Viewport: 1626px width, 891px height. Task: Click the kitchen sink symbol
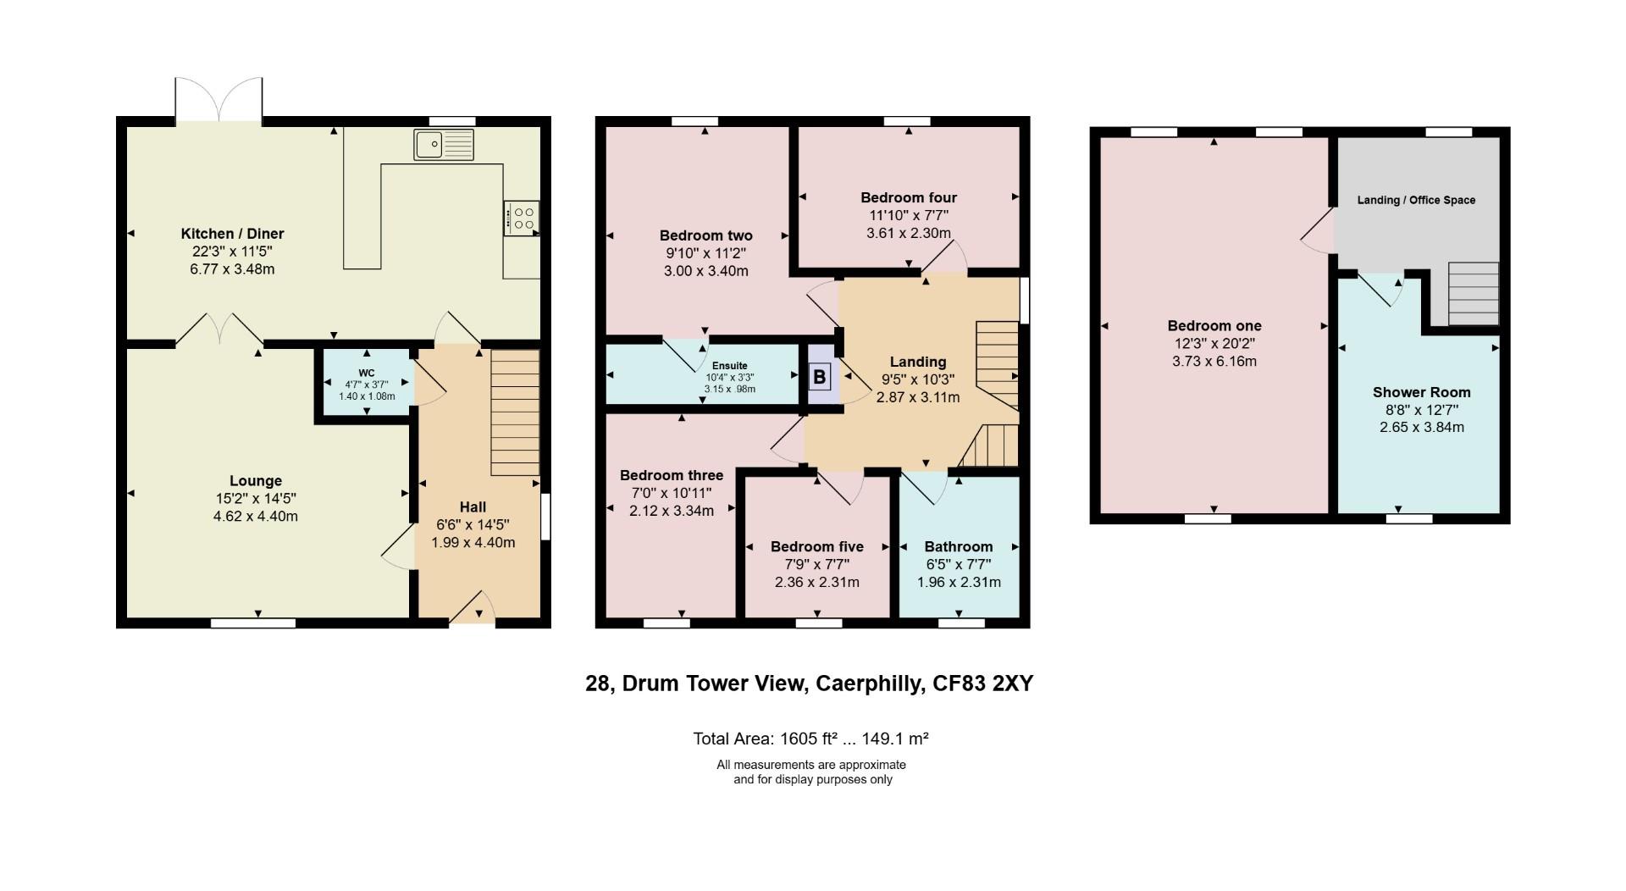(444, 144)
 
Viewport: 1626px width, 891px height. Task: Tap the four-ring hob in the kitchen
(521, 217)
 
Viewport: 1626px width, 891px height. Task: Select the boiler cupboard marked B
(819, 376)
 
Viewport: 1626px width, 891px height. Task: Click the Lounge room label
(256, 481)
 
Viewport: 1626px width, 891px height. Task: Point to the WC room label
(367, 373)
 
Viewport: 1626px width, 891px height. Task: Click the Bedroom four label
(909, 197)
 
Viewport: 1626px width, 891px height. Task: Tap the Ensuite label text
(729, 366)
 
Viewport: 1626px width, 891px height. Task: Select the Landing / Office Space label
(1416, 200)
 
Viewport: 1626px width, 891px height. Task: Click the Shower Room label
(1421, 392)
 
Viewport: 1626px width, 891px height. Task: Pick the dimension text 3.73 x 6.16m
(1214, 361)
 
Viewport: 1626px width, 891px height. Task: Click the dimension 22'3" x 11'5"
(232, 252)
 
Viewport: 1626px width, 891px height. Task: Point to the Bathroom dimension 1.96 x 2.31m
(959, 582)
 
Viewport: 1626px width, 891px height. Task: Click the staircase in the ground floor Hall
(515, 412)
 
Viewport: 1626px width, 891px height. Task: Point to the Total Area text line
(810, 739)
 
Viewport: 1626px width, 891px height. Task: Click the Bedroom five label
(816, 546)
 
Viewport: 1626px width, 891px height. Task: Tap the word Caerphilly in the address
(869, 683)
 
